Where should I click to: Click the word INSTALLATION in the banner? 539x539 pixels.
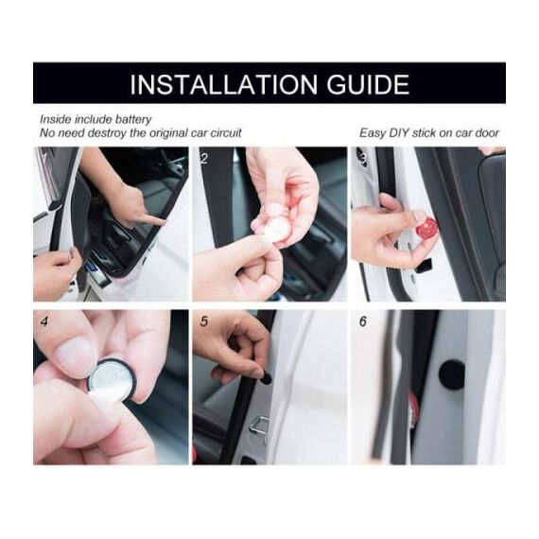coord(224,84)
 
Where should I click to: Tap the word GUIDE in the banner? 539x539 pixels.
coord(368,84)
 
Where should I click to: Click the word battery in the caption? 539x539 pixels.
coord(133,120)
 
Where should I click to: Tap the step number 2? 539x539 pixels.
coord(204,159)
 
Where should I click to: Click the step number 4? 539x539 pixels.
coord(44,322)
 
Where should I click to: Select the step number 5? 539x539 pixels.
coord(204,322)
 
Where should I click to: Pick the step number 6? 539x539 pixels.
coord(363,322)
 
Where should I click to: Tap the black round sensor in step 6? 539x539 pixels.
coord(452,374)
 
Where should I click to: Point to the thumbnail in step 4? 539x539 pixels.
coord(76,354)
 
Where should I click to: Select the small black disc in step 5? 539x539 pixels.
coord(266,379)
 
